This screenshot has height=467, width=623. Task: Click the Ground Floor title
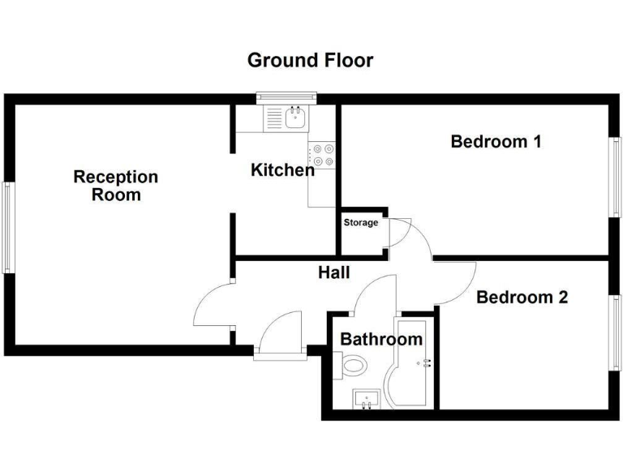(x=310, y=60)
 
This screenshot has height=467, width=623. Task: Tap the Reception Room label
(x=115, y=186)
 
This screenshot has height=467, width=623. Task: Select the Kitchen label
(x=281, y=170)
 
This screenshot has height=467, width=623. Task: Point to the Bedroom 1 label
(x=496, y=142)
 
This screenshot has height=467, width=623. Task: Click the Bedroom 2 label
(x=522, y=297)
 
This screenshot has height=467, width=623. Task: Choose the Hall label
(x=333, y=272)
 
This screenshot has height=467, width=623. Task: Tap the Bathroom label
(x=380, y=339)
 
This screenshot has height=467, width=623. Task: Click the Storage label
(x=361, y=223)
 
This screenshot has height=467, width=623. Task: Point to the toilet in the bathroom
(x=353, y=366)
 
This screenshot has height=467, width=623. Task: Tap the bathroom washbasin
(x=367, y=399)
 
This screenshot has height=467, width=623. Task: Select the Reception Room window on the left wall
(x=8, y=228)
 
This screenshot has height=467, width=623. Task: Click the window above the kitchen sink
(x=286, y=99)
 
